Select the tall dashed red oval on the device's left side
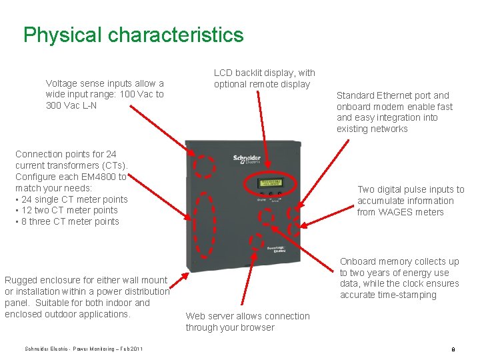click(x=207, y=224)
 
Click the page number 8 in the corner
click(x=453, y=349)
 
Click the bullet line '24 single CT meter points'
click(x=71, y=199)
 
